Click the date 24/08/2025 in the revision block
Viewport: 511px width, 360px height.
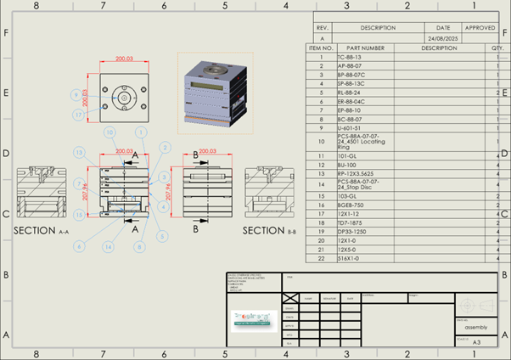tap(443, 39)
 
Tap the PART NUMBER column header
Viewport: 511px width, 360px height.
tap(366, 48)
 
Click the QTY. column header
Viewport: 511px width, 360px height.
tap(496, 48)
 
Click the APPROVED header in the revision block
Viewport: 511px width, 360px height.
tap(480, 28)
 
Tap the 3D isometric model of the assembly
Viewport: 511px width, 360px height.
tap(211, 93)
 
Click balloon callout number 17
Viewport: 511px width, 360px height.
tap(77, 114)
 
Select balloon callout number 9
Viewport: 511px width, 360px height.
tap(77, 94)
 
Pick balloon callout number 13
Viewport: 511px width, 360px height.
tap(79, 152)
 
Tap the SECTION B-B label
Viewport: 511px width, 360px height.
tap(269, 230)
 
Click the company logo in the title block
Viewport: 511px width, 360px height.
tap(253, 318)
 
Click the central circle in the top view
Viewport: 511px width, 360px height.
tap(124, 97)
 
